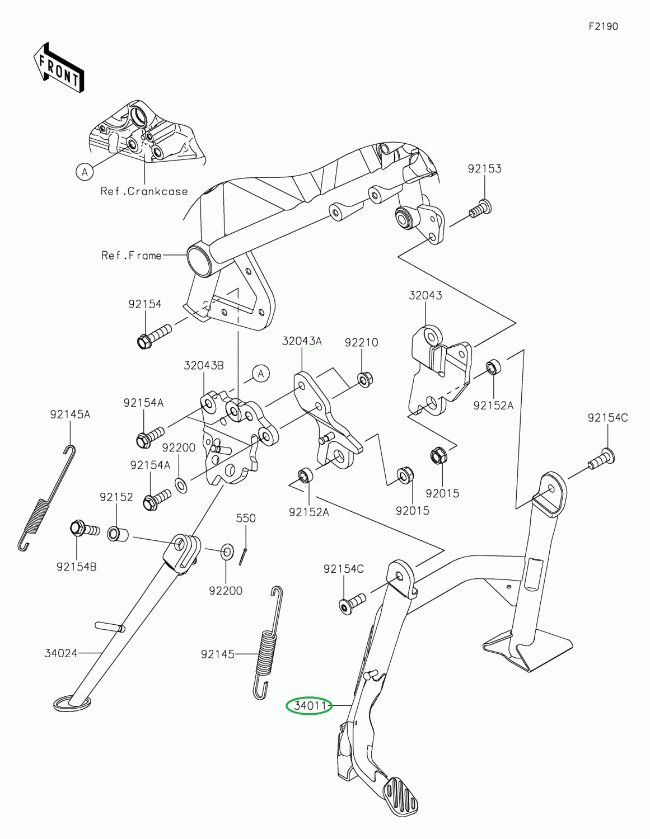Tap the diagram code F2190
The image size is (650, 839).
point(603,27)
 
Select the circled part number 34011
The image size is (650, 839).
point(309,706)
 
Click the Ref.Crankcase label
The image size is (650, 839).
point(144,191)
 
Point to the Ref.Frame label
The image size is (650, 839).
point(132,255)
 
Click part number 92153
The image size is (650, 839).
point(485,169)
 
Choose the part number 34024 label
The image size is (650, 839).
point(61,653)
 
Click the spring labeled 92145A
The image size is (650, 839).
point(46,498)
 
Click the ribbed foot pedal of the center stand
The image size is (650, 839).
point(401,796)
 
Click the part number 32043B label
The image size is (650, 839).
point(204,365)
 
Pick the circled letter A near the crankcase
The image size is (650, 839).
point(85,172)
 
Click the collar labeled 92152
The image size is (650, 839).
point(116,533)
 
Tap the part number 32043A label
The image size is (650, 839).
point(302,341)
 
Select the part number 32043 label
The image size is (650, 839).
point(425,295)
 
